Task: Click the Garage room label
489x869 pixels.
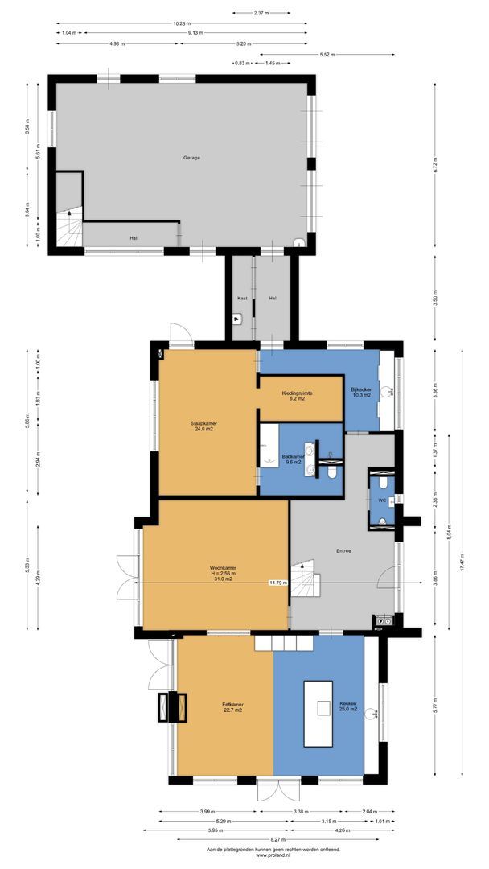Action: (x=191, y=158)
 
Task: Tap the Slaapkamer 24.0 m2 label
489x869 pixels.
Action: (x=203, y=426)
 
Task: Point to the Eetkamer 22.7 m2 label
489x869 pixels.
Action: (x=232, y=707)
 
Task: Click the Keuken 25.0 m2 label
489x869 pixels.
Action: (x=347, y=707)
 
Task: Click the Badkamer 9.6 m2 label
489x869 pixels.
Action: (x=291, y=459)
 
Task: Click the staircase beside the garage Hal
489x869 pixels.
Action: (x=68, y=228)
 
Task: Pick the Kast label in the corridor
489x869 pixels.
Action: (x=240, y=299)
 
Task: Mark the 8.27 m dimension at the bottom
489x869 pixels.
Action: (x=275, y=838)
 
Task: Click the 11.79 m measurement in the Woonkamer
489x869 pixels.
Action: (x=277, y=583)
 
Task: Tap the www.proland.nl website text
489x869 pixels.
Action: (x=273, y=855)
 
